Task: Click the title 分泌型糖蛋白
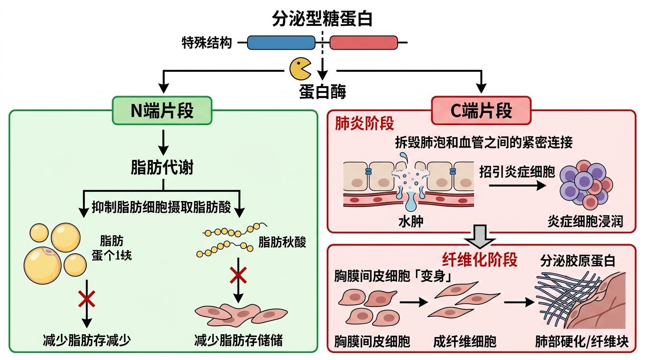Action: [322, 19]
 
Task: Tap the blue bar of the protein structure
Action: [281, 43]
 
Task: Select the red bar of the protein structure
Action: [364, 43]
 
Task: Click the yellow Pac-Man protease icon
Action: [299, 69]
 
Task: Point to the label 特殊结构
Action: [207, 43]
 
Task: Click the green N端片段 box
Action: [162, 111]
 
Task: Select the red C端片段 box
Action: [481, 111]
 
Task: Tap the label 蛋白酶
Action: [322, 91]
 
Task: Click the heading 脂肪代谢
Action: [162, 168]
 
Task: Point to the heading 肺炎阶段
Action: [364, 123]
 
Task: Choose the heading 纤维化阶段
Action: [480, 259]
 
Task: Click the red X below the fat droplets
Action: [87, 299]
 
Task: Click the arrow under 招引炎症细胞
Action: [517, 186]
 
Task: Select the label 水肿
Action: [411, 221]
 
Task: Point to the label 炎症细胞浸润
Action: [585, 221]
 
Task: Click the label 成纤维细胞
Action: [465, 341]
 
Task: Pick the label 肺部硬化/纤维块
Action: [581, 341]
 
